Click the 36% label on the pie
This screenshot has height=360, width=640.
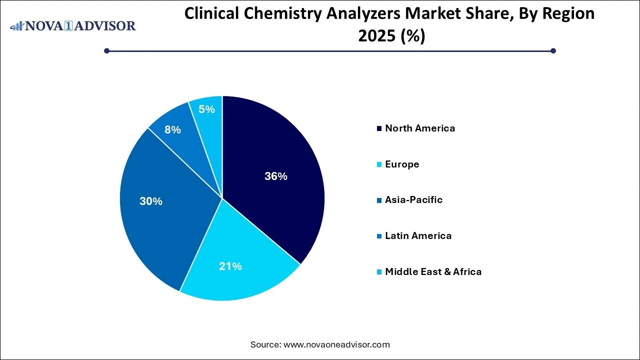point(276,176)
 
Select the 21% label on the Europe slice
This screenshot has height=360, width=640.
point(230,266)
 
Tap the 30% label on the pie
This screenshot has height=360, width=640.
point(151,201)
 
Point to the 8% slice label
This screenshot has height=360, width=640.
point(172,130)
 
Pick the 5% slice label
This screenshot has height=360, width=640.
point(206,109)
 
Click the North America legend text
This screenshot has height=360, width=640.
point(420,128)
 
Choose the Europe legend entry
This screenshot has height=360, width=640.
point(402,164)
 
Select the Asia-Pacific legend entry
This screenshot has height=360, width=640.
point(413,200)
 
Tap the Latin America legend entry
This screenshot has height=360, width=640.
point(418,236)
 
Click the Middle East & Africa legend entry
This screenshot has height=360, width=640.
point(433,272)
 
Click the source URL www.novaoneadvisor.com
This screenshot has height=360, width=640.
point(336,344)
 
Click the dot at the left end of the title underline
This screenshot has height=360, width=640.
point(106,50)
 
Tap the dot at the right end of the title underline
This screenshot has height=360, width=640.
point(553,50)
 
